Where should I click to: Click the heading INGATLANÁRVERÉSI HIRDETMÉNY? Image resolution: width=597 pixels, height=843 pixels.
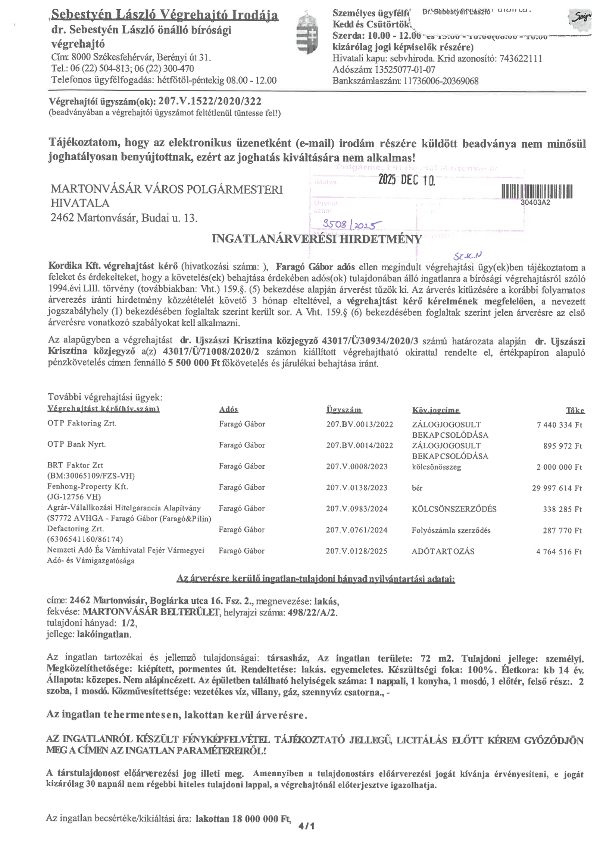317,239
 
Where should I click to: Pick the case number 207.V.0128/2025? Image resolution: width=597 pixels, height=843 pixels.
356,551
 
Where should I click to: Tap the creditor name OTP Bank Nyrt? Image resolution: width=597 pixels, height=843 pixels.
76,444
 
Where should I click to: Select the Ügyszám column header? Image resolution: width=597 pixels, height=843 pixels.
344,410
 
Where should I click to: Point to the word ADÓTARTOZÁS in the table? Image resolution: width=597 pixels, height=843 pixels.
443,551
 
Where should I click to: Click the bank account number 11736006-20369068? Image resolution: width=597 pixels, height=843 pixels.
441,81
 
